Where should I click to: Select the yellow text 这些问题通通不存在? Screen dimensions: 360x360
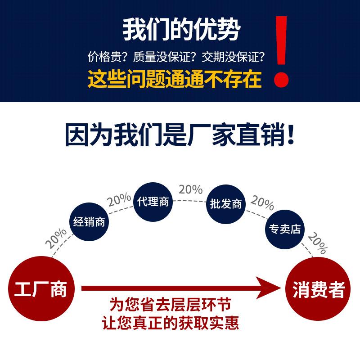pyautogui.click(x=175, y=79)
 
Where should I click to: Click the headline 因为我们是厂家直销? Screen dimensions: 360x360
pyautogui.click(x=180, y=135)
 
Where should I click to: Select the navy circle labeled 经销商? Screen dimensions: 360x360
pyautogui.click(x=89, y=222)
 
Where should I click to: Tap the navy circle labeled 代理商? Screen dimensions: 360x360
pyautogui.click(x=153, y=201)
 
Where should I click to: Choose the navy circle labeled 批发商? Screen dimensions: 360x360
pyautogui.click(x=225, y=204)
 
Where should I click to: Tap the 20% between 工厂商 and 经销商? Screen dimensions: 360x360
pyautogui.click(x=56, y=239)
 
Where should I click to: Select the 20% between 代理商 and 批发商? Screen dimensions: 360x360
pyautogui.click(x=191, y=189)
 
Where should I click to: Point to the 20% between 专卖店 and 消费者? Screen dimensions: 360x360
pyautogui.click(x=318, y=244)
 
